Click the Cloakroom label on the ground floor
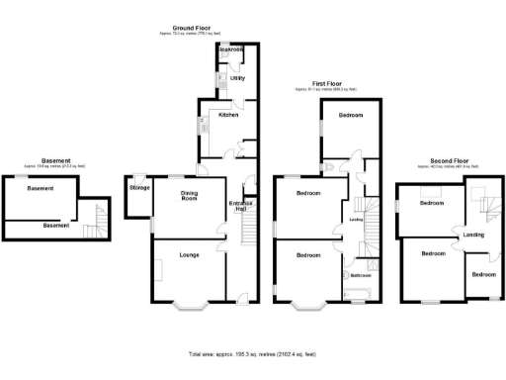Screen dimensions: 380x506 click(x=231, y=49)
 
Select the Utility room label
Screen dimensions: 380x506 click(x=237, y=78)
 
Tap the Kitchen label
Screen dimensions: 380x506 click(x=228, y=115)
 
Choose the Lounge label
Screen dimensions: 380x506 click(x=189, y=254)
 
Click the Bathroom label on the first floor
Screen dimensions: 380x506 click(x=357, y=275)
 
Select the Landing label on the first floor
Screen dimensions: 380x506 click(x=355, y=221)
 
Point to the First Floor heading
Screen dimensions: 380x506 click(x=326, y=84)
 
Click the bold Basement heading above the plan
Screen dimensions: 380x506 click(x=55, y=160)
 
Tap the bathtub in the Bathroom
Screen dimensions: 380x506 click(x=356, y=292)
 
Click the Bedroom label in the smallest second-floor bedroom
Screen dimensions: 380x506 click(x=483, y=273)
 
